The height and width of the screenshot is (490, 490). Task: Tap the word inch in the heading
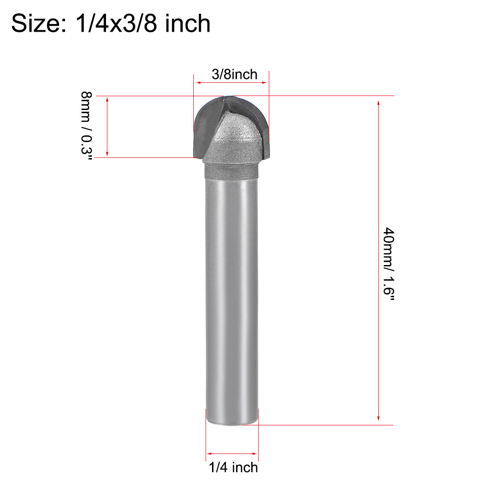coord(188,23)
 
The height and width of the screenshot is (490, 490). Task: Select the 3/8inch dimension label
coord(234,74)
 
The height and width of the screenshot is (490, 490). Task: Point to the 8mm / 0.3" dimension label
coord(86,127)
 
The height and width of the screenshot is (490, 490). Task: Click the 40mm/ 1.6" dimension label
coord(389,265)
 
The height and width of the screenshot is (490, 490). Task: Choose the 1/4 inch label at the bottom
coord(233,467)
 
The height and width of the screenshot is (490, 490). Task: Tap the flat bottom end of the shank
coord(232,421)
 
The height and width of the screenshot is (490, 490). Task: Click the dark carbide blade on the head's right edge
coord(263,129)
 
